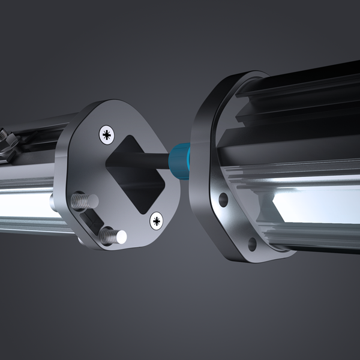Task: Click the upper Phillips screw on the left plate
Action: (x=107, y=134)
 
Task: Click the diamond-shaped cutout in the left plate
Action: (x=137, y=174)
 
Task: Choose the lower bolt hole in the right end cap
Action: (x=252, y=243)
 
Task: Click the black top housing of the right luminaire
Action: (x=312, y=84)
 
